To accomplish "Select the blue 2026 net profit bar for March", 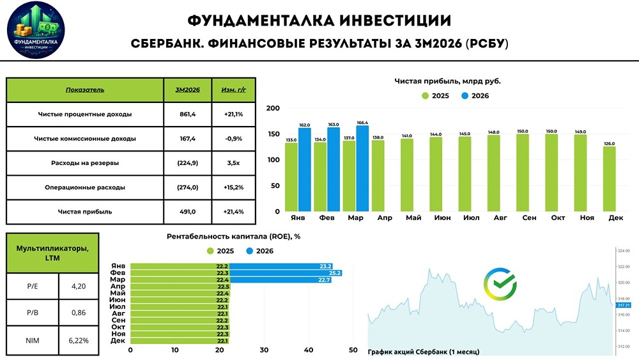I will click(362, 169).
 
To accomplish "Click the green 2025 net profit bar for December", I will click(610, 179).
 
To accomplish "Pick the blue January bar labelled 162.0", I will click(304, 170).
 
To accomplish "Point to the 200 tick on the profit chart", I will click(272, 109).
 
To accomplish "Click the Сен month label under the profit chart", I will click(528, 218).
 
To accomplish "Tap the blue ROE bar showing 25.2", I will click(286, 273).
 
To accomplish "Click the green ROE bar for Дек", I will click(180, 341).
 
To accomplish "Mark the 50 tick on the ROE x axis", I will click(353, 350).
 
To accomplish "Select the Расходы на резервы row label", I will click(85, 163).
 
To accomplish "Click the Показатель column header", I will click(85, 90).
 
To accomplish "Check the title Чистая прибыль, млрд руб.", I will click(447, 81).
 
